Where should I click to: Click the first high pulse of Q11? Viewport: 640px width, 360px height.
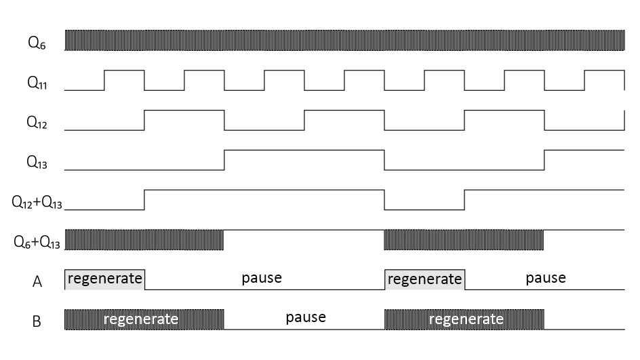click(x=124, y=80)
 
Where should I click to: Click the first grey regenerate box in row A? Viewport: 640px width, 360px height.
click(x=104, y=279)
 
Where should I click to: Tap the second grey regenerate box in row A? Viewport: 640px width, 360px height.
click(x=424, y=279)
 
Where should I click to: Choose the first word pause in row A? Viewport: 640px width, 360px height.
click(x=262, y=278)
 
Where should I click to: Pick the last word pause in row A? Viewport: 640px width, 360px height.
click(x=546, y=278)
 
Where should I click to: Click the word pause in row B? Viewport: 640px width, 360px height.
click(x=306, y=317)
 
